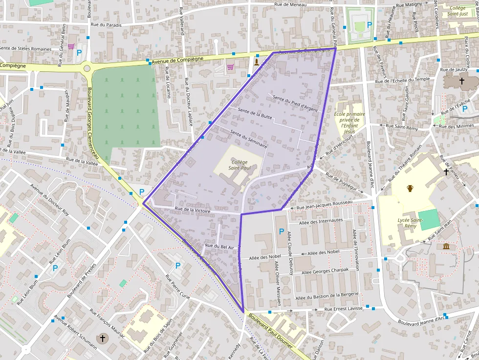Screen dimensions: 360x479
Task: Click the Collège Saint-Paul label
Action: (x=239, y=165)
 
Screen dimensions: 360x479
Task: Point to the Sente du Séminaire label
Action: (x=248, y=139)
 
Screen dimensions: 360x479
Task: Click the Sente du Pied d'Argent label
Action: (x=295, y=103)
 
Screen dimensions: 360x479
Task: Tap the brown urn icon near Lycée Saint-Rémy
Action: (x=410, y=188)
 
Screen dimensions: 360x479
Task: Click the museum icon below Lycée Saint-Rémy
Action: (x=446, y=247)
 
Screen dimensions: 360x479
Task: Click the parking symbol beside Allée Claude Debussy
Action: (x=281, y=231)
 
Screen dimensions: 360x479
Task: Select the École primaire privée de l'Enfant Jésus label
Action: (x=349, y=123)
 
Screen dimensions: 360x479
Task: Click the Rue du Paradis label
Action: (x=106, y=24)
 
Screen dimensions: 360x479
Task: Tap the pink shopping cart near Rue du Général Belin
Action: (x=71, y=47)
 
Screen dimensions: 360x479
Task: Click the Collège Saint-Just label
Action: (x=458, y=11)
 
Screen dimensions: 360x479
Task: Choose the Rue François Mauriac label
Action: (x=107, y=323)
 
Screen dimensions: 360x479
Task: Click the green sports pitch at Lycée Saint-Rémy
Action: (x=429, y=220)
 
